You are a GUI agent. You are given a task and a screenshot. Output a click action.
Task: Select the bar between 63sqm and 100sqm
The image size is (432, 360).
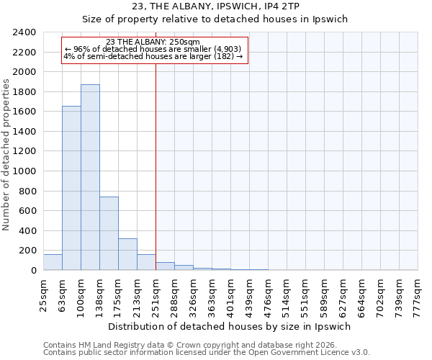(71, 188)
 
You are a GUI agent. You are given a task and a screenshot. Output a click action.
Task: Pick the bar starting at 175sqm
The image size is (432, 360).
(127, 254)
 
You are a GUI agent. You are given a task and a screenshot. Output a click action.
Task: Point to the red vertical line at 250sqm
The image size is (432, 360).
(156, 166)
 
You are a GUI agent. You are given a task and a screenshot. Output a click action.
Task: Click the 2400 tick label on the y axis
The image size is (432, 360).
(25, 33)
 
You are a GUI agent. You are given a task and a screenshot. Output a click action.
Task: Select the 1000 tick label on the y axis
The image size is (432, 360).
(25, 171)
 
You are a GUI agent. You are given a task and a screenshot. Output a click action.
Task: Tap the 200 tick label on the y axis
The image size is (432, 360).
(28, 251)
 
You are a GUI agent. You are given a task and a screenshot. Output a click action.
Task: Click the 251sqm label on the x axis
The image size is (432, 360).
(156, 294)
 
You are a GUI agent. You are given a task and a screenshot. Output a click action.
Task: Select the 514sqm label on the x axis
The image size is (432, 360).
(287, 294)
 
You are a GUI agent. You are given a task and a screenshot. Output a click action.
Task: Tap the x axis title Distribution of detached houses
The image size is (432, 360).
(230, 326)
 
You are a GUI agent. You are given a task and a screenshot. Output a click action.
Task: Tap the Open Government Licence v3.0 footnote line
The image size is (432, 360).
(207, 353)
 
